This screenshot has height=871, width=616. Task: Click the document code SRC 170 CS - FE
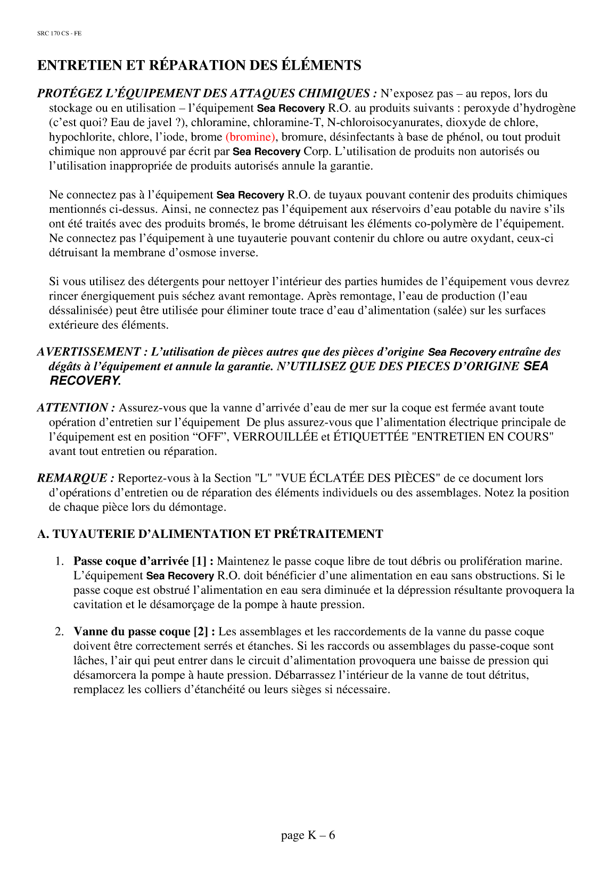click(x=59, y=34)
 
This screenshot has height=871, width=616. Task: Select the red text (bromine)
click(x=250, y=137)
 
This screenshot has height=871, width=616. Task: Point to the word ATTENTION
click(x=76, y=408)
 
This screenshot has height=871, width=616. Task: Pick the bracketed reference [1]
click(x=200, y=561)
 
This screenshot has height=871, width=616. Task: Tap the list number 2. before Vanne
click(x=60, y=632)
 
